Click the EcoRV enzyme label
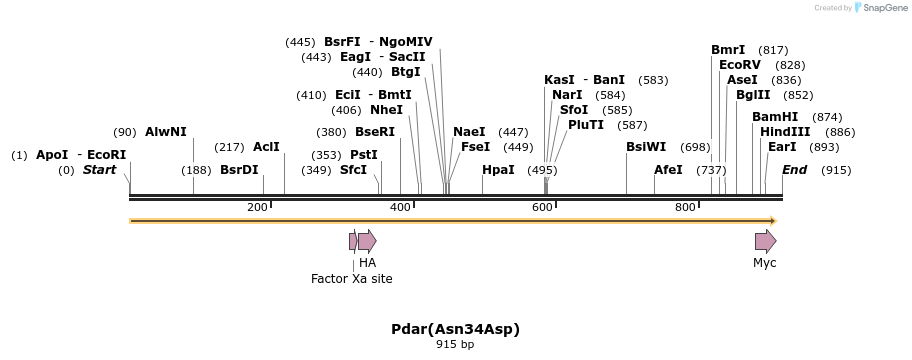740,65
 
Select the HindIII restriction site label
785,132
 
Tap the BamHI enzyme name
775,117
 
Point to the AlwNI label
166,132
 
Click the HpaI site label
498,170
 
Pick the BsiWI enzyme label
646,147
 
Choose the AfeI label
668,170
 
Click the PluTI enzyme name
586,125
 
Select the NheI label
386,110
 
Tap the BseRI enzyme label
375,132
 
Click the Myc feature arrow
765,241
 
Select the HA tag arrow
367,241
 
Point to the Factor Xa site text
352,279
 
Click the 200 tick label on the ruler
257,207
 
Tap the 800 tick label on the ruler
685,207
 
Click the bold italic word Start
100,170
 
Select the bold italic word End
795,170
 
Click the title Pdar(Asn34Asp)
456,329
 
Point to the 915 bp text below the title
456,345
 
